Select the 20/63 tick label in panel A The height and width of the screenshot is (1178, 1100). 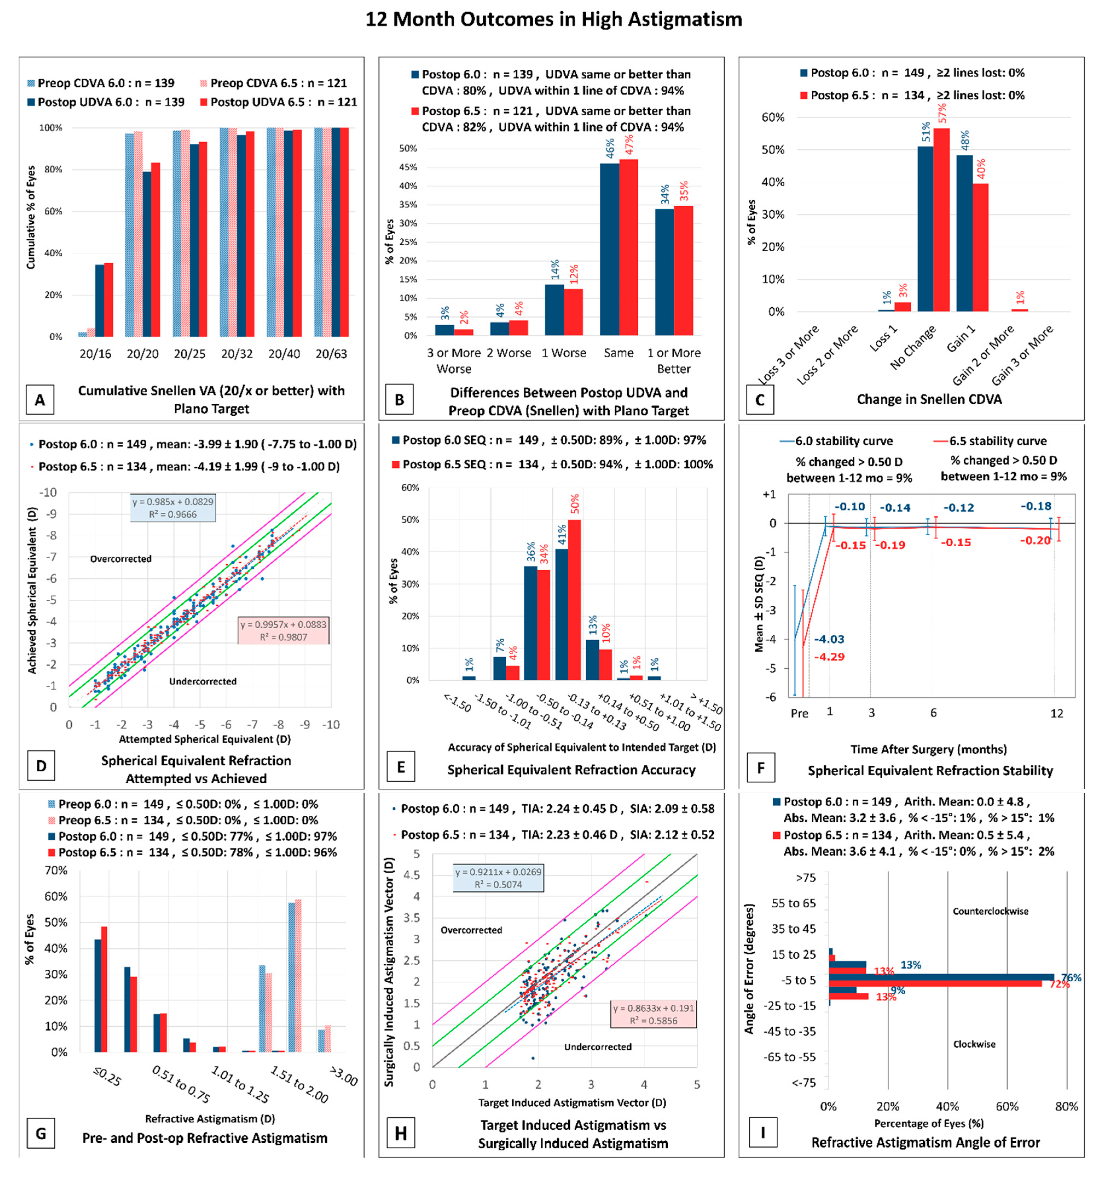point(331,354)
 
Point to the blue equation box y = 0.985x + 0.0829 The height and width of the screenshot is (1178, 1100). point(173,508)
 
